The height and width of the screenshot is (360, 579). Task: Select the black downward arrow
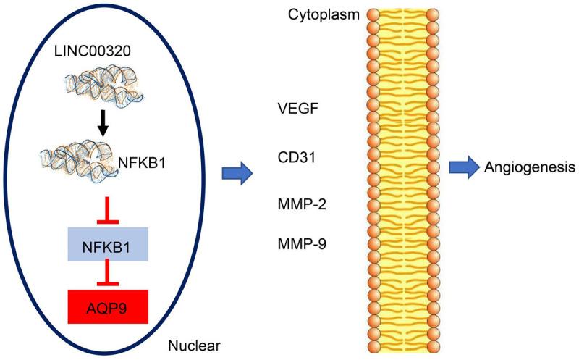point(103,126)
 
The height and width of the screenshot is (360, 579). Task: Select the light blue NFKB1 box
point(108,244)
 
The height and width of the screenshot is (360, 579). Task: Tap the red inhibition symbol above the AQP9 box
point(108,274)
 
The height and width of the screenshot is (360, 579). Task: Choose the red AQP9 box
point(108,305)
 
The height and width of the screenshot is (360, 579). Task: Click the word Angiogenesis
point(528,168)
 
